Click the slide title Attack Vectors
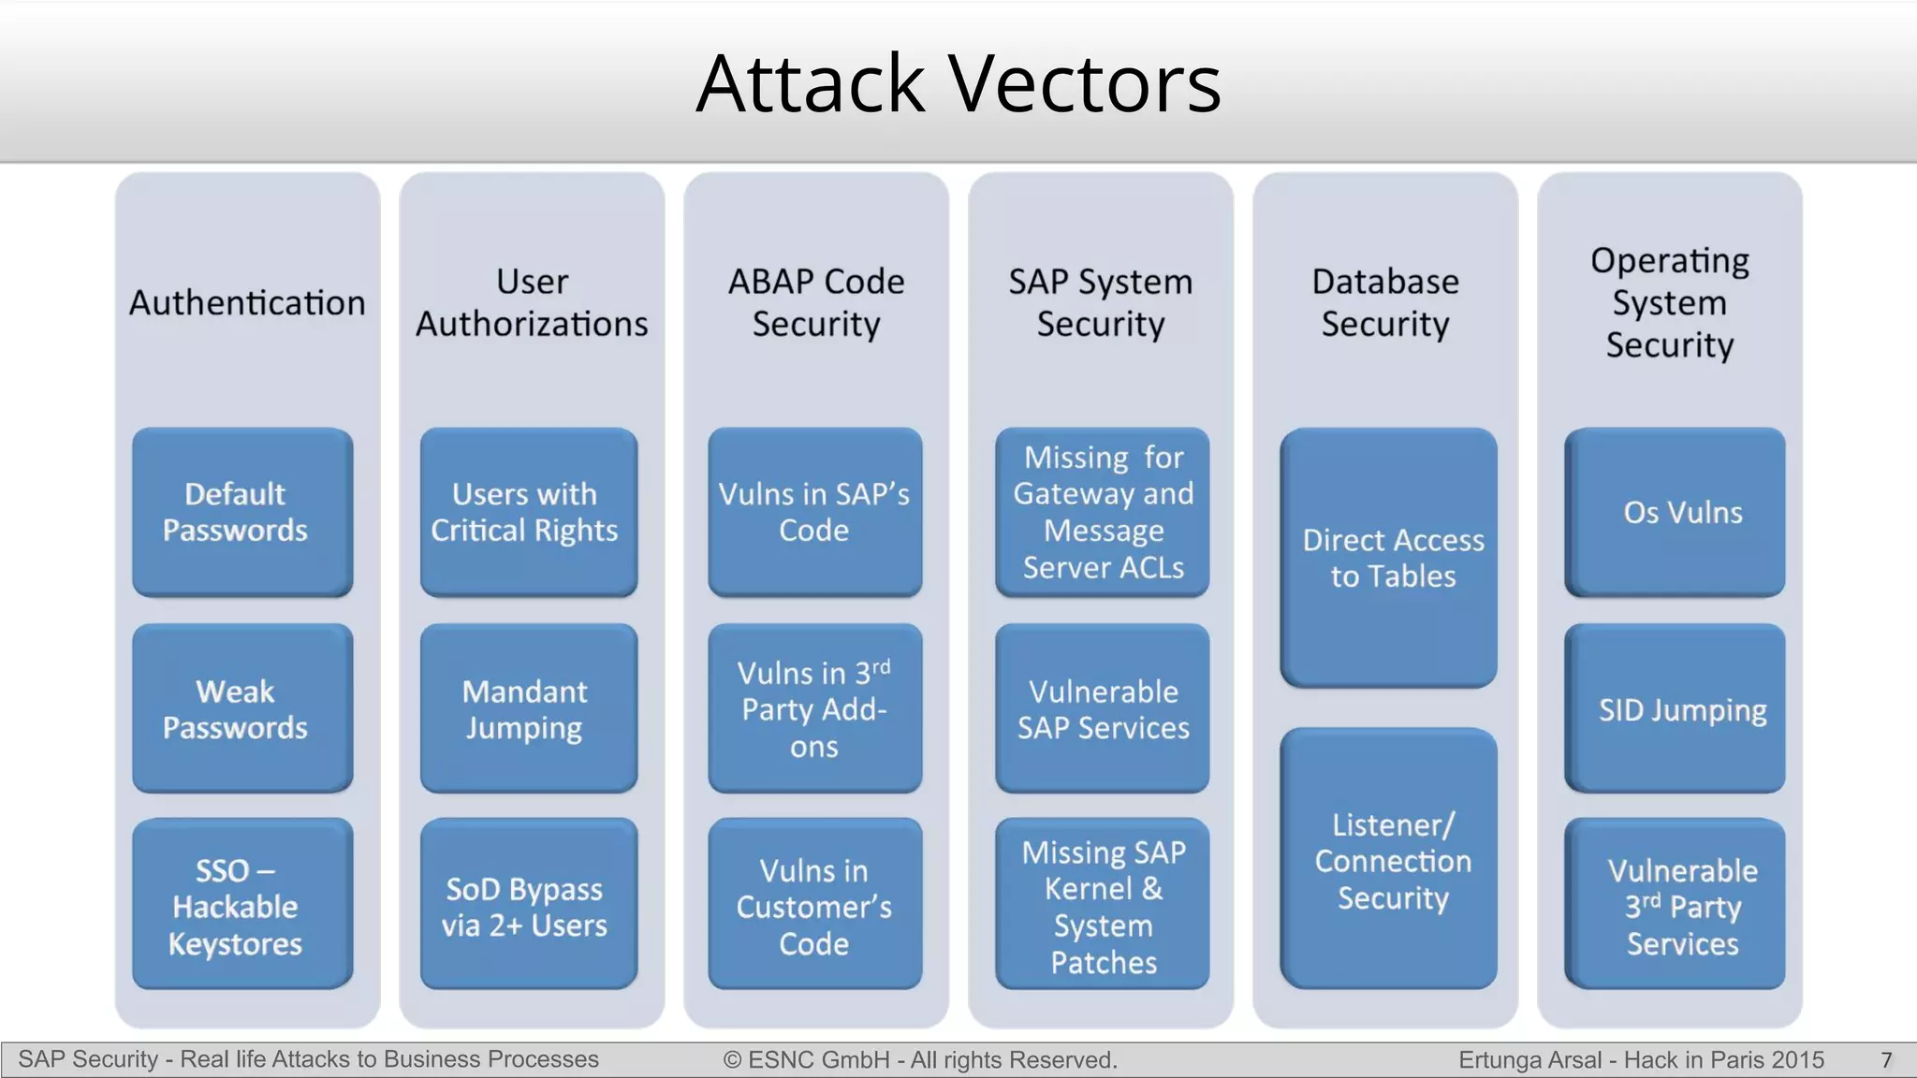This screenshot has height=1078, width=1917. coord(958,84)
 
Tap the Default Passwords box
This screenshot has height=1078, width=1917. coord(242,512)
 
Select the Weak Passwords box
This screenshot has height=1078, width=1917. coord(242,708)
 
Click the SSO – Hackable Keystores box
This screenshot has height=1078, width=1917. coord(242,904)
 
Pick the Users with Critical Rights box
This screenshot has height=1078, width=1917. coord(529,512)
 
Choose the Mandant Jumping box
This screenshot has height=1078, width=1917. coord(529,708)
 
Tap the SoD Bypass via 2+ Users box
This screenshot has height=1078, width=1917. coord(529,904)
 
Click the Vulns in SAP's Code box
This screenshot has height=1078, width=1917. coord(814,512)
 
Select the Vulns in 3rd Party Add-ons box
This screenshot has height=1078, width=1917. coord(814,708)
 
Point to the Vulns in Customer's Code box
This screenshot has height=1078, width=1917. coord(814,904)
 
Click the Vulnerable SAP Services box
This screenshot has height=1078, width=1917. coord(1102,708)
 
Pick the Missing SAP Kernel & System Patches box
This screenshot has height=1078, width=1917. coord(1102,904)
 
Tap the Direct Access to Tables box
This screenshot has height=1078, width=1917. coord(1388,558)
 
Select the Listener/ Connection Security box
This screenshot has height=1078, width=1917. coord(1388,859)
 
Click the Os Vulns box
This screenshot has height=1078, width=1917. coord(1675,512)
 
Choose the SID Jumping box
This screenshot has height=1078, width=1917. coord(1675,708)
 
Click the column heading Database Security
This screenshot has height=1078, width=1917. coord(1385,302)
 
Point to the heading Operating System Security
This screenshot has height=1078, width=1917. coord(1670,302)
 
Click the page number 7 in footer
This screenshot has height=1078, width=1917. coord(1886,1060)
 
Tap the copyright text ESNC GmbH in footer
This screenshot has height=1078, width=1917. coord(920,1060)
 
